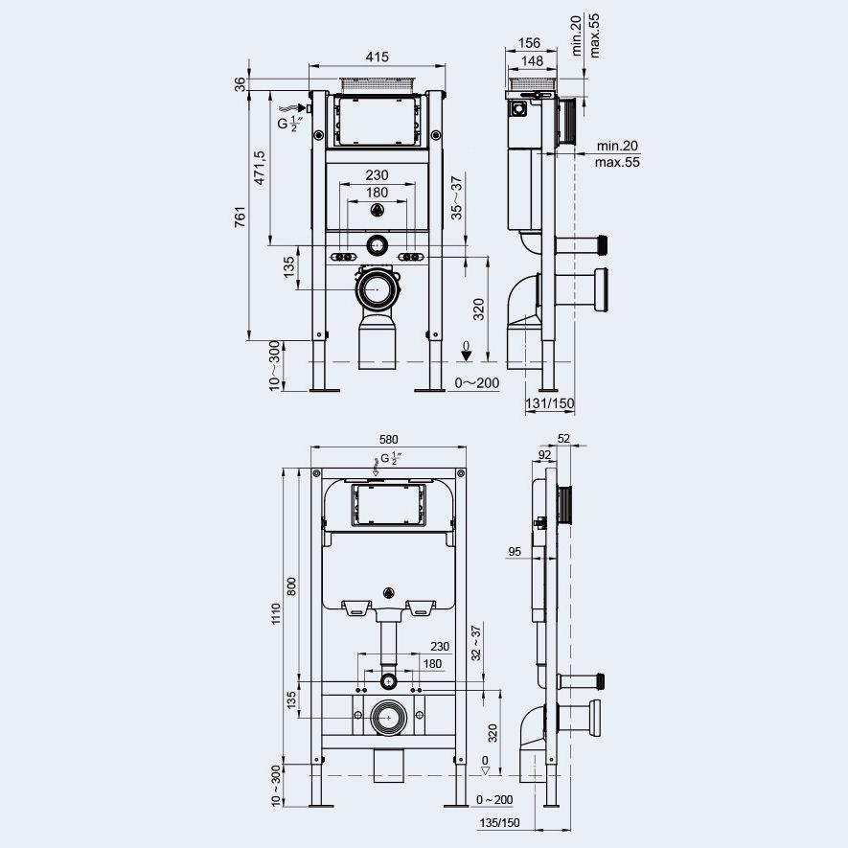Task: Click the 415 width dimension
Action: [378, 57]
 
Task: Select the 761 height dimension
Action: [241, 218]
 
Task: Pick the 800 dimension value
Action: [292, 585]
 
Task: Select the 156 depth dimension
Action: [528, 43]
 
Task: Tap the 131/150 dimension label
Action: [550, 403]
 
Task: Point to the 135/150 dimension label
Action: [499, 823]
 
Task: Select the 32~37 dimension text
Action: [475, 643]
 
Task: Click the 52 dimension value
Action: [562, 439]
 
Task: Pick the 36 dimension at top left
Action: [241, 84]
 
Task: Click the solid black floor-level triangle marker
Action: [466, 356]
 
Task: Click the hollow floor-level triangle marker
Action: [486, 768]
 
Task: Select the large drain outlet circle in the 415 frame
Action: [380, 287]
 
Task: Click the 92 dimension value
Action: [543, 455]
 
